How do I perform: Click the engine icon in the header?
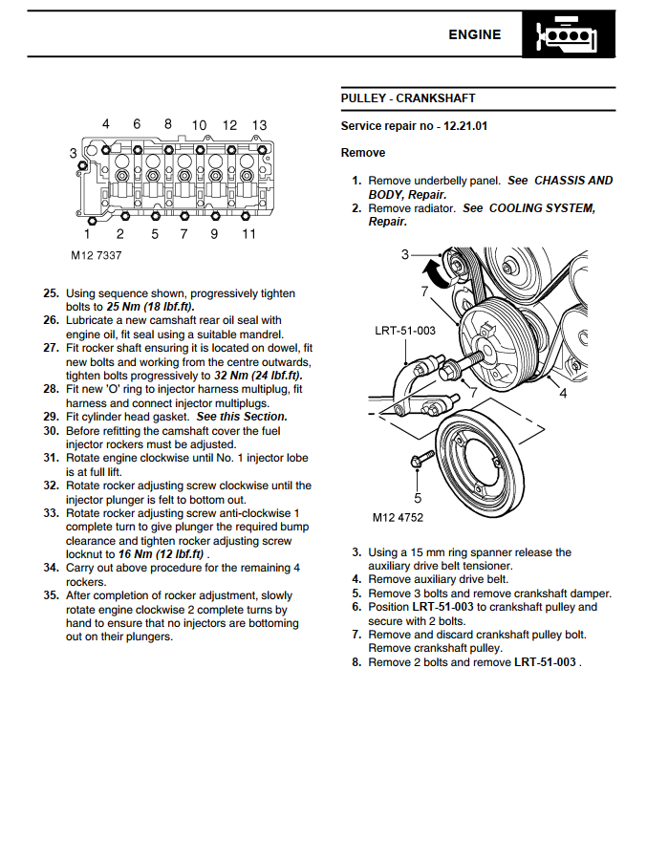click(x=571, y=35)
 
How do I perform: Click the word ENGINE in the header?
click(x=474, y=34)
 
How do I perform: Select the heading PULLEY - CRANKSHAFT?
click(x=408, y=98)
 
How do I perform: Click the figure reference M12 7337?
click(x=96, y=256)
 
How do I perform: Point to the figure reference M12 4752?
click(x=398, y=518)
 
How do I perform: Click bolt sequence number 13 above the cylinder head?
click(x=259, y=125)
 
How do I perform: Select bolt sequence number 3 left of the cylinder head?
click(x=74, y=153)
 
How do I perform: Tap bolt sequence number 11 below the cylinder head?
click(x=248, y=234)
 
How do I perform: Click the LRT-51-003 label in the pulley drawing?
click(x=405, y=331)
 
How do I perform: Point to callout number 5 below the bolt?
click(x=418, y=497)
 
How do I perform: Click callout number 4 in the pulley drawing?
click(x=563, y=393)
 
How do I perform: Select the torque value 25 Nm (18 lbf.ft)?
click(x=150, y=307)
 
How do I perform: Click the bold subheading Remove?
click(x=363, y=153)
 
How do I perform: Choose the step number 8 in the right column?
click(x=356, y=662)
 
